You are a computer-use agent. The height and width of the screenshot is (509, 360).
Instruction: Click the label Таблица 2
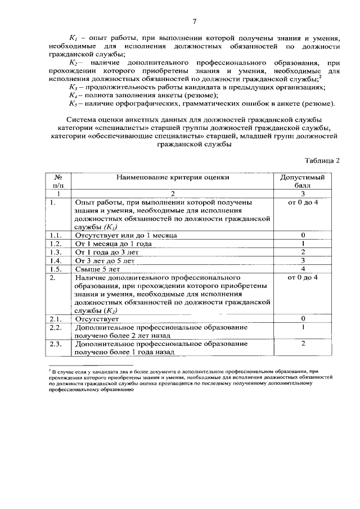[x=322, y=160]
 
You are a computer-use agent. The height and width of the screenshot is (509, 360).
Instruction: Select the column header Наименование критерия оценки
[x=173, y=177]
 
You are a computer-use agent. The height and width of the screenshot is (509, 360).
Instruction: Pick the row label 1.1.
[x=55, y=235]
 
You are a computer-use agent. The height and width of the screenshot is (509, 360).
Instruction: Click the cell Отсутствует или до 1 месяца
[x=125, y=235]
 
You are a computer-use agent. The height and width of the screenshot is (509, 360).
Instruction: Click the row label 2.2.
[x=55, y=327]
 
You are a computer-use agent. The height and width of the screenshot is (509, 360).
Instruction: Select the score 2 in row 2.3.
[x=303, y=343]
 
